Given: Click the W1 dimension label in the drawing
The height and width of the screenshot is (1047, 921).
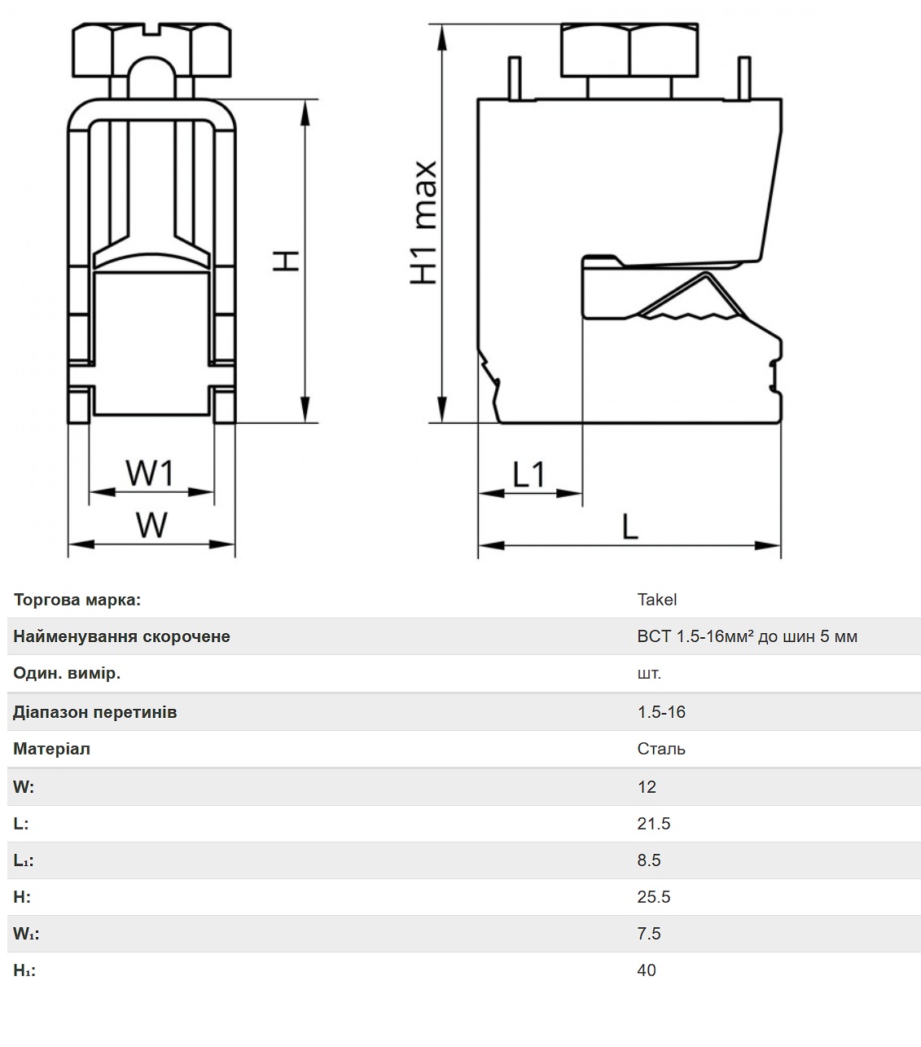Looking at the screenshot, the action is [x=149, y=472].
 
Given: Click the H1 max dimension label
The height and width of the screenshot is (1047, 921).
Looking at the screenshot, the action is [x=423, y=222].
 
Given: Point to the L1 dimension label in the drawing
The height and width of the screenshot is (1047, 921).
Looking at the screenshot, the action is [x=528, y=474].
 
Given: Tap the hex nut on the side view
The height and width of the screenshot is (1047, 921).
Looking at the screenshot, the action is [x=629, y=51].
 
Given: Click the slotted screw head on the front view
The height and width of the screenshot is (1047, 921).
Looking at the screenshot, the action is [x=151, y=51].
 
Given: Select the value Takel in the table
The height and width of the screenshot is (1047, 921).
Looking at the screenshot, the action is [x=656, y=600].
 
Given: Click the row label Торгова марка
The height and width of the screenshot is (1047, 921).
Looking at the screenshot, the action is [x=77, y=600].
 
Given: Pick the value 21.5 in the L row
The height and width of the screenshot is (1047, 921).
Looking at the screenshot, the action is [x=653, y=823].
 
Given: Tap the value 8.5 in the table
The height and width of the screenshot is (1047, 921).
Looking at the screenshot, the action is [x=649, y=860].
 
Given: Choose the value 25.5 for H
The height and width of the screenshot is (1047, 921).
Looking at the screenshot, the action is [x=653, y=896].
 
